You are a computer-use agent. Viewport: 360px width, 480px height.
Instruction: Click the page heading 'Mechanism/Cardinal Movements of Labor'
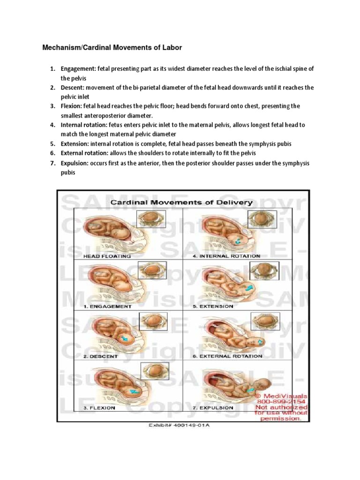coord(112,48)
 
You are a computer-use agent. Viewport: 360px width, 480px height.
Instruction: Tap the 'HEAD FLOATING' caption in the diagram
coord(107,256)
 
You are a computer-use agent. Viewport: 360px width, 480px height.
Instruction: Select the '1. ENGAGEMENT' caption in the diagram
coord(107,307)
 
